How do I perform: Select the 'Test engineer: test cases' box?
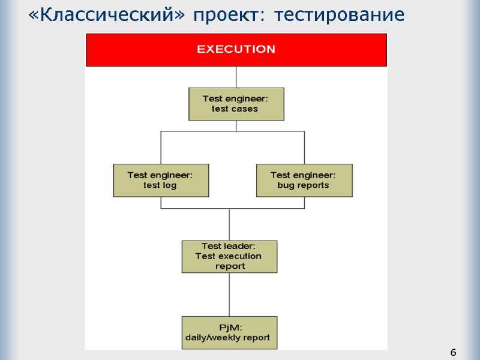coord(236,104)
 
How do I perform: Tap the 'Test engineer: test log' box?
coord(161,180)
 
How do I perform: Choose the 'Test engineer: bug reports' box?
coord(304,180)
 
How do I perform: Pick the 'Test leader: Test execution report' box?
coord(229,256)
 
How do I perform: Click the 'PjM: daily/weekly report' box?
coord(229,332)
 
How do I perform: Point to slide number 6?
coord(453,352)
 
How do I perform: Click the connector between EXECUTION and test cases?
coord(236,77)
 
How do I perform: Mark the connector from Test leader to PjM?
coord(229,294)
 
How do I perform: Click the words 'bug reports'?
coord(303,185)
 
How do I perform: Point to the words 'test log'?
coord(160,185)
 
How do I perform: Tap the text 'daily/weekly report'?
coord(227,338)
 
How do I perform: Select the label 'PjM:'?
coord(229,328)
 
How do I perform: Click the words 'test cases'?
coord(235,109)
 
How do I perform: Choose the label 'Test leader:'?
coord(229,246)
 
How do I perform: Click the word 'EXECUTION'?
coord(236,49)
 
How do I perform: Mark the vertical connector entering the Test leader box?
coord(229,224)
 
